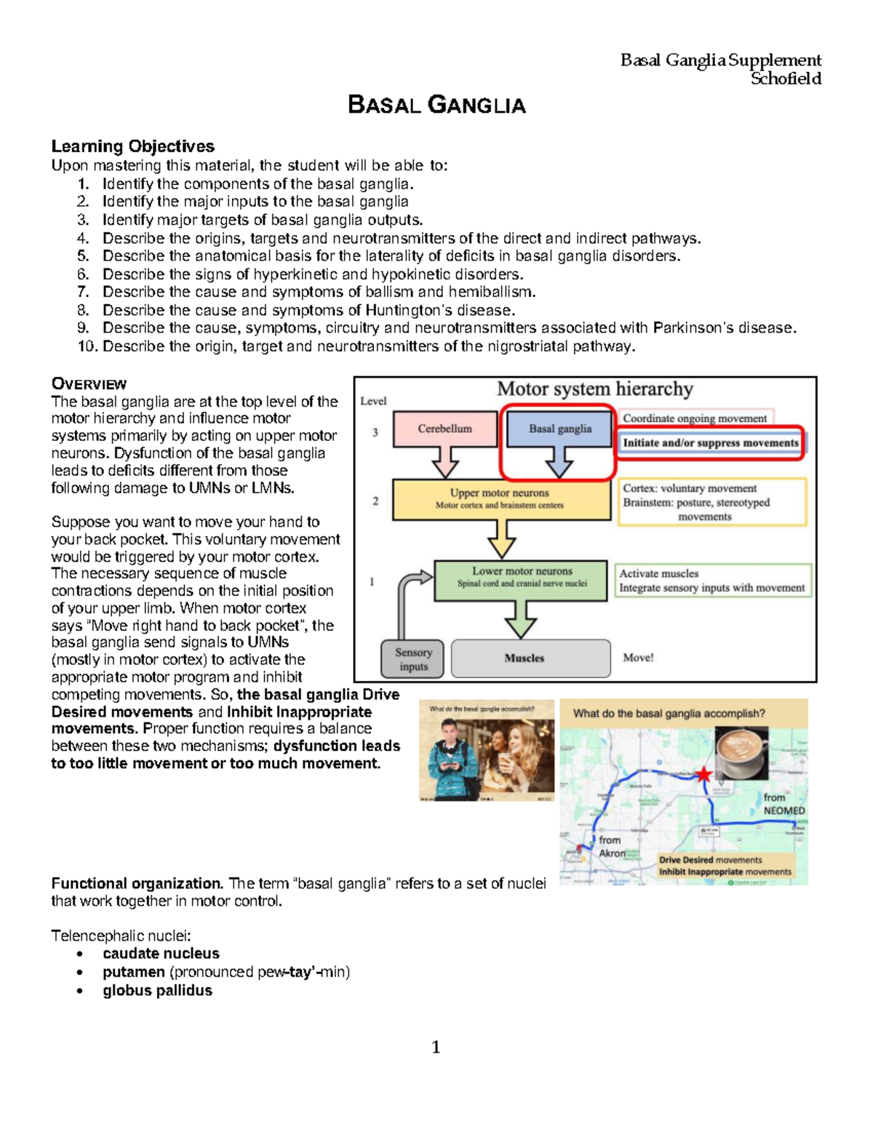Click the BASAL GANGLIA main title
pos(436,105)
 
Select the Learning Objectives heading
pos(132,146)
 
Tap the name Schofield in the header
pos(786,79)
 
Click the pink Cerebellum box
pos(445,429)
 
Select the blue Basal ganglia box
pos(559,429)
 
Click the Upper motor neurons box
pos(501,498)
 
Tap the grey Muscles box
pos(530,658)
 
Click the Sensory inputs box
pos(413,658)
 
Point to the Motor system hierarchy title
pos(594,389)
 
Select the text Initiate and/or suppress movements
pos(710,442)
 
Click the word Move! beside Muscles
pos(638,658)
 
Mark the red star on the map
pos(703,774)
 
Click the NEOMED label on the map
pos(784,811)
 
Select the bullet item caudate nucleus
pos(161,953)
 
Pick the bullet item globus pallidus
pos(157,990)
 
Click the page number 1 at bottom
pos(436,1047)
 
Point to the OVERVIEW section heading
pos(89,383)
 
